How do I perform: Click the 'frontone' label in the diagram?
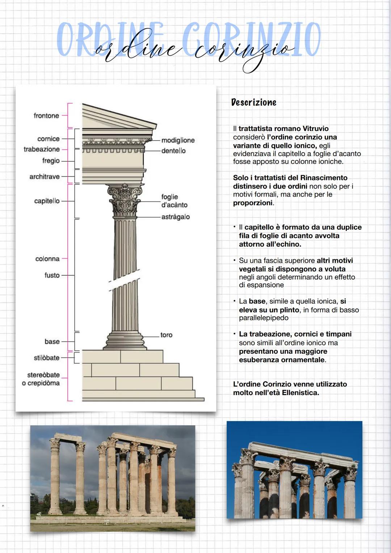pos(46,116)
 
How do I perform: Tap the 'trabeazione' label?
pos(42,149)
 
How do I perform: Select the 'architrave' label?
pos(45,177)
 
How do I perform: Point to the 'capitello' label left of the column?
pos(47,201)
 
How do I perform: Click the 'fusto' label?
pos(52,275)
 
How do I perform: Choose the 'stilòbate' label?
pos(47,358)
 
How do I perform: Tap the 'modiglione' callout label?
pos(178,140)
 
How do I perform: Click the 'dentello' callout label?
pos(173,151)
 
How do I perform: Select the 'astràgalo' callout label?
pos(176,217)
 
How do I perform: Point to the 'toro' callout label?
pos(166,335)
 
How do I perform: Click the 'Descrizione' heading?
pos(254,102)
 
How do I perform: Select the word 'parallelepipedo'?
pos(264,318)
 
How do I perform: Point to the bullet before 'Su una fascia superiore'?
pos(235,260)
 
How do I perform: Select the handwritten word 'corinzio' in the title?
pos(243,51)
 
